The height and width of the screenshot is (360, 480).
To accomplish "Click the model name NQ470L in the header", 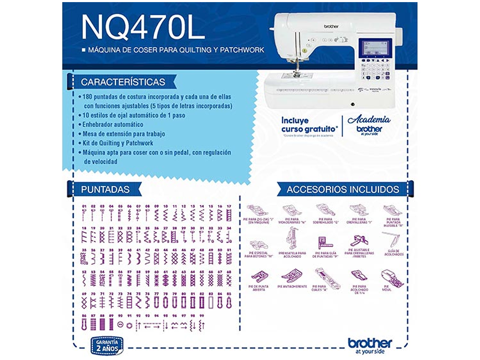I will point(143,27).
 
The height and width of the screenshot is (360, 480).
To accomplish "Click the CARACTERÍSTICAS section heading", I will point(123,82).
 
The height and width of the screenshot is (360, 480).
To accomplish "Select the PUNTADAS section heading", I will point(105,189).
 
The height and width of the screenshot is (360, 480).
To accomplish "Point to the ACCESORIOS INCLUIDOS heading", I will point(343,189).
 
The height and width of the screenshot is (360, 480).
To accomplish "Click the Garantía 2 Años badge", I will point(107,346).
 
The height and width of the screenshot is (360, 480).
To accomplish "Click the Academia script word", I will point(368,120).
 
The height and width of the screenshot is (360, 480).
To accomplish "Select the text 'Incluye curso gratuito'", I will point(309,125).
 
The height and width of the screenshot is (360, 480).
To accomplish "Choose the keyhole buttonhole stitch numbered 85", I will point(229,302).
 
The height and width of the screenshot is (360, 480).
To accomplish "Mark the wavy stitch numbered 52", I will point(84,280).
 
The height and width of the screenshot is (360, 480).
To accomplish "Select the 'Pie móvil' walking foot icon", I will point(392,278).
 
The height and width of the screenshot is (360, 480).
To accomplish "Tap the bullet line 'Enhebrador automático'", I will point(112,125).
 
